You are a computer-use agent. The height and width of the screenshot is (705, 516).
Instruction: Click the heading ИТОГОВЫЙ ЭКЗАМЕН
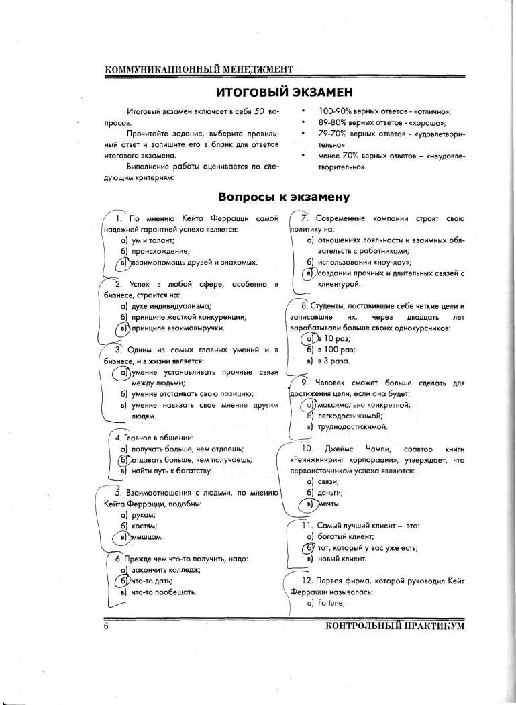point(285,91)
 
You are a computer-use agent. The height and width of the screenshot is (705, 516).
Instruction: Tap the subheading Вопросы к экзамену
point(285,197)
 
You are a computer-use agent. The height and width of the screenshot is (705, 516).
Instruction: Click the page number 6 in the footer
point(106,626)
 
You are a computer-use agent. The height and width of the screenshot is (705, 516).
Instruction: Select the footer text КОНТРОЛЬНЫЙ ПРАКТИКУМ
point(395,626)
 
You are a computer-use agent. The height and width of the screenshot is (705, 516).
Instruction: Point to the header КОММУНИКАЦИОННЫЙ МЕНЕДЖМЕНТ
point(199,70)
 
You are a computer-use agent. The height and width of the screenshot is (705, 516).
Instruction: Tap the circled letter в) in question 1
point(123,263)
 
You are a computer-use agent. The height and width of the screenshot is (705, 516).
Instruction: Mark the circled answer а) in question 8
point(310,338)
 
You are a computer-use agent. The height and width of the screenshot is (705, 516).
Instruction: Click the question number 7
point(304,218)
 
